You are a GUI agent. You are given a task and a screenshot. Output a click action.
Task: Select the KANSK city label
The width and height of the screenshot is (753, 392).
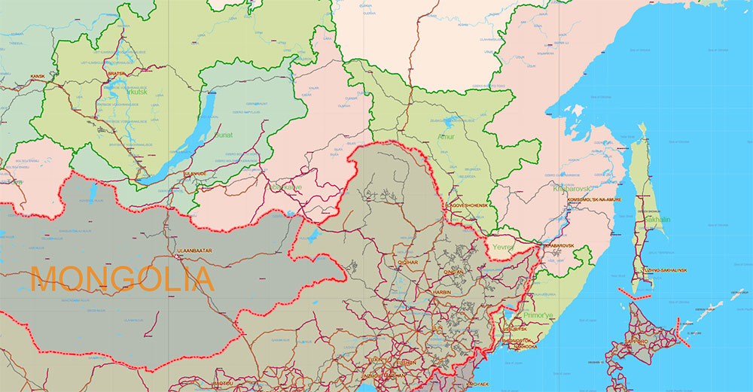(38, 77)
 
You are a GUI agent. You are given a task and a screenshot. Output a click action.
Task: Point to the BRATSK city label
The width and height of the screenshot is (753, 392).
(117, 74)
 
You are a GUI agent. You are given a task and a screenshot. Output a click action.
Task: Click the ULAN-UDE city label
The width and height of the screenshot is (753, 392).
(194, 174)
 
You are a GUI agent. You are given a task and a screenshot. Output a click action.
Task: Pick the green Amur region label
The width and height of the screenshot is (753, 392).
(446, 137)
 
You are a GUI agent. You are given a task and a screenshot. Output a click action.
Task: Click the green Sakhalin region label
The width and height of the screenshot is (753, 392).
(657, 220)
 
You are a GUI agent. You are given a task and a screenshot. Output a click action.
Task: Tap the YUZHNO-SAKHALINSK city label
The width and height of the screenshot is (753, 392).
(664, 269)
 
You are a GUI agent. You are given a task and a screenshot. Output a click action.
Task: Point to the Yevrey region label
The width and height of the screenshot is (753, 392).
(501, 246)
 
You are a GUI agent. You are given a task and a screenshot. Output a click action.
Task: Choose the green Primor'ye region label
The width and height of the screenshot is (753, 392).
(538, 315)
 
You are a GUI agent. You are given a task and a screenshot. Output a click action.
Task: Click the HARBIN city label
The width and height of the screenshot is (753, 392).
(441, 291)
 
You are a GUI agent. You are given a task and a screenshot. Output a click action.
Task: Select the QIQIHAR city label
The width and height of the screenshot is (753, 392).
(407, 263)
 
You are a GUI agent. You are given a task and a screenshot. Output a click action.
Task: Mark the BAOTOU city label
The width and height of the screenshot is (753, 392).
(224, 383)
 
